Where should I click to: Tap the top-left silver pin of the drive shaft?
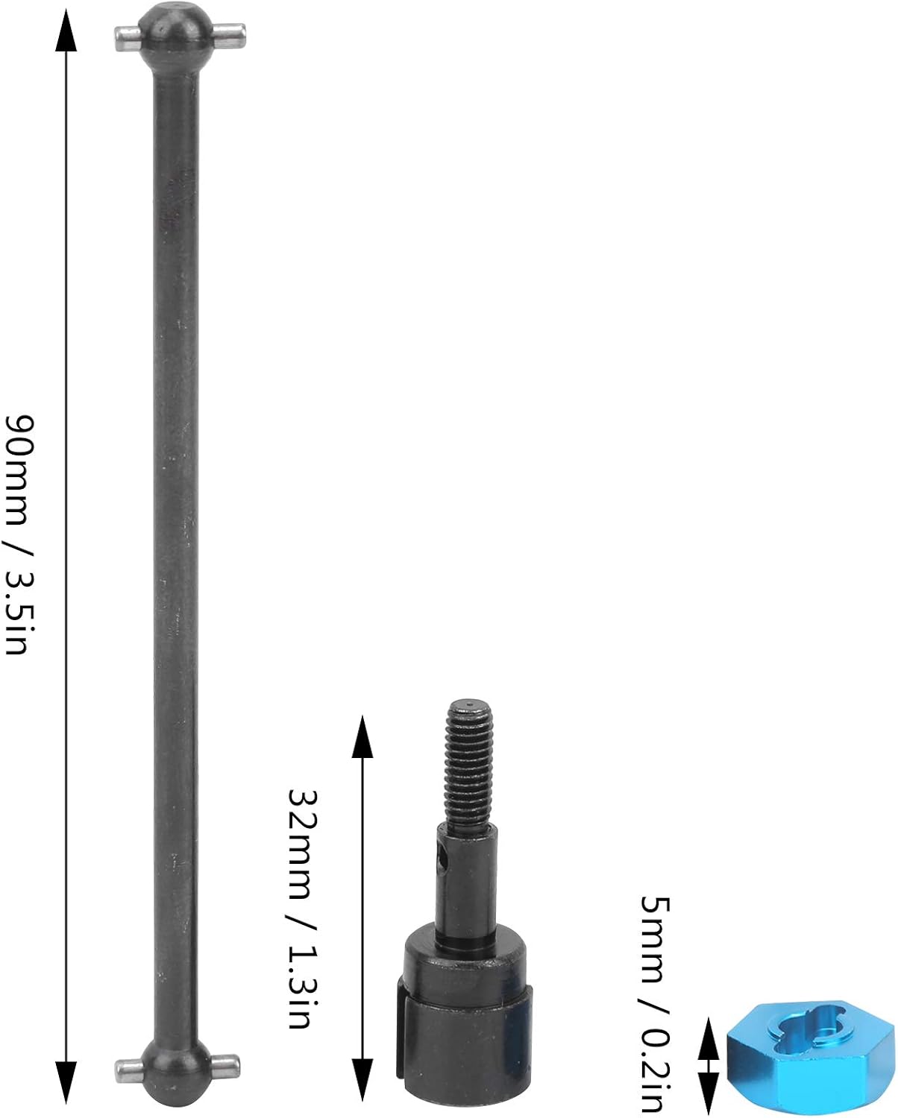[x=128, y=38]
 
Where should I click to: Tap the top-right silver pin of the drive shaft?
[x=229, y=35]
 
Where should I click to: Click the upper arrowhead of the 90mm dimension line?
[x=66, y=30]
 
